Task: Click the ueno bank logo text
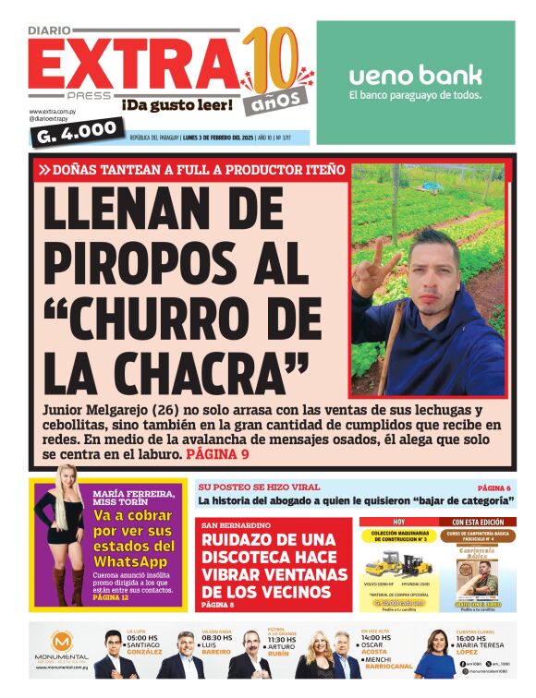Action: click(415, 74)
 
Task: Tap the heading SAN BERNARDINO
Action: click(230, 524)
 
